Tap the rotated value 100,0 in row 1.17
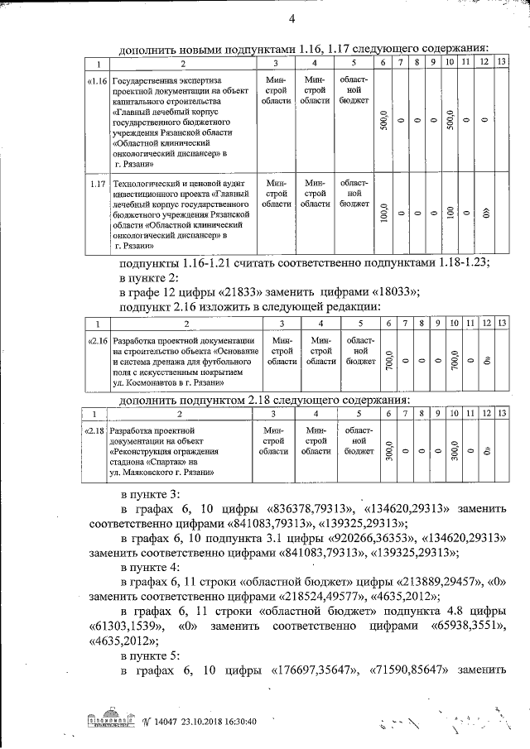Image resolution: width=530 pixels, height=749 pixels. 383,214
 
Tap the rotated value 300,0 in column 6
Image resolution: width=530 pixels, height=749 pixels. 386,451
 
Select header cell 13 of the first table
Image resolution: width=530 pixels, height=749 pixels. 500,63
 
